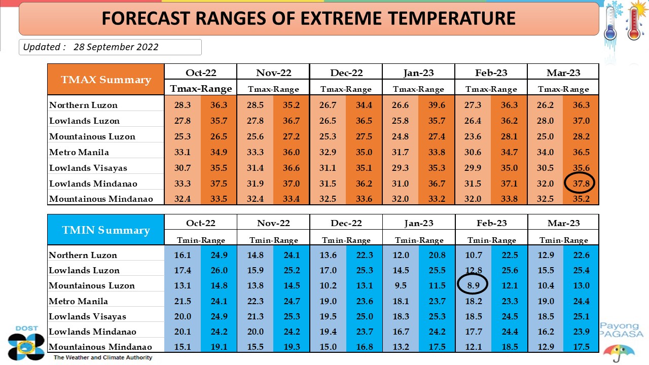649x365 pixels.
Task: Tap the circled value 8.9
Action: (x=473, y=285)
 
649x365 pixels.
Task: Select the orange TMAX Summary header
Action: (x=106, y=80)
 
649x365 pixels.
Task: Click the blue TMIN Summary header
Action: (x=106, y=230)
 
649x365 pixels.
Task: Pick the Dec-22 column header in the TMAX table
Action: (x=346, y=72)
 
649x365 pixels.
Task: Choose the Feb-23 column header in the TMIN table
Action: (x=492, y=223)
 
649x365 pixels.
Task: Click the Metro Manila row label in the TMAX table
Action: (x=79, y=152)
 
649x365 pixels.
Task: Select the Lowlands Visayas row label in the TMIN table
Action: (x=88, y=316)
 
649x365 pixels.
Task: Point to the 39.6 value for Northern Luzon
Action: (x=437, y=105)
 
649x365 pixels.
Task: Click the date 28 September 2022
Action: (x=116, y=47)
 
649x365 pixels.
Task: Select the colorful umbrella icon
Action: (x=619, y=353)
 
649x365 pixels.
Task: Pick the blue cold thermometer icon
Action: (x=611, y=23)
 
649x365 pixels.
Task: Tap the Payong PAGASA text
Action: (x=621, y=330)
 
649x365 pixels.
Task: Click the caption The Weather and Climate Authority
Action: (x=103, y=357)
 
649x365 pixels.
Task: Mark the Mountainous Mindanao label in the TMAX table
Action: (x=101, y=199)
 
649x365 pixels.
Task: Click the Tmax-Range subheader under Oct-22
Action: (x=201, y=88)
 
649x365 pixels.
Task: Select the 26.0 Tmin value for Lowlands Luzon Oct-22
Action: (x=219, y=270)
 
